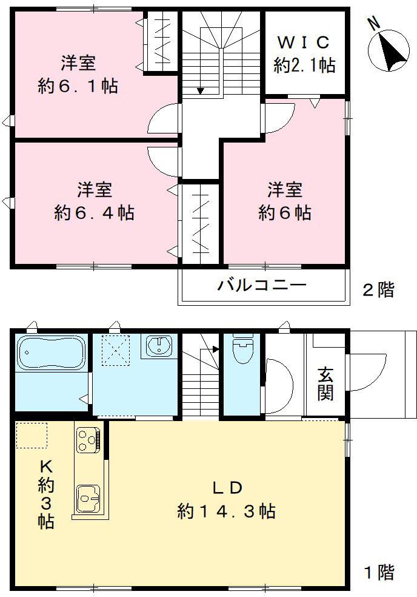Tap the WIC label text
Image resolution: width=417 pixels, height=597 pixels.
click(x=303, y=43)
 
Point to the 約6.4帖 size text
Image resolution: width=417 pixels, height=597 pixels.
click(x=94, y=214)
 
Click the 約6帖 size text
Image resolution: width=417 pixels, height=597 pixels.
click(x=285, y=214)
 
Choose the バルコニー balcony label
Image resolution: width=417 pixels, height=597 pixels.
click(x=262, y=284)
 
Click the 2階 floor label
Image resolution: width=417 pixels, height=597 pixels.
click(x=378, y=290)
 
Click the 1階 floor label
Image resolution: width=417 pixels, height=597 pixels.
click(x=378, y=572)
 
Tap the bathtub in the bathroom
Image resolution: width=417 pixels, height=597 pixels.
click(x=50, y=353)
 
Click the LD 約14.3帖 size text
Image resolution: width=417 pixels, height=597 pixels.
click(x=227, y=511)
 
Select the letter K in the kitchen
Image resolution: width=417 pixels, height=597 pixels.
click(x=46, y=467)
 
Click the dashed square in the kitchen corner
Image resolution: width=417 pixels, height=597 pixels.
click(x=32, y=435)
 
